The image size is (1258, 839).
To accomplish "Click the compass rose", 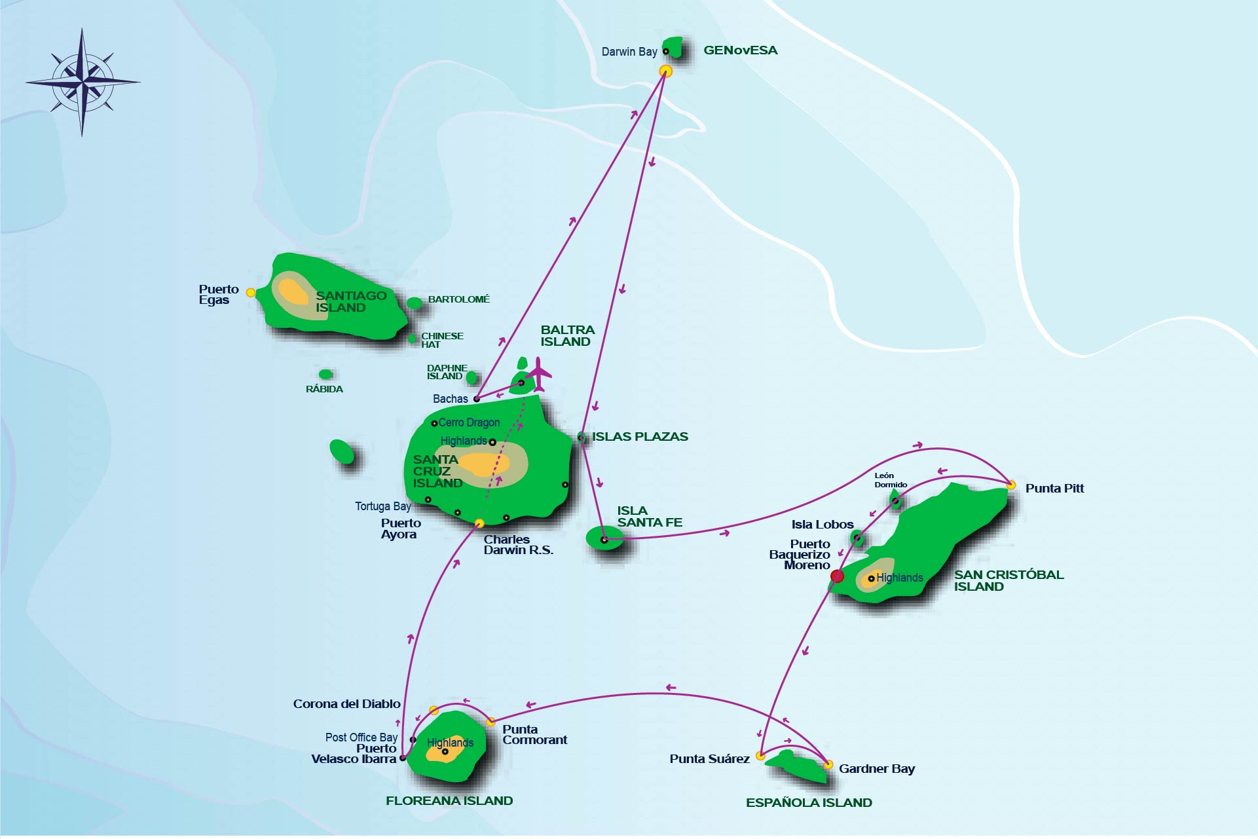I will pyautogui.click(x=83, y=83).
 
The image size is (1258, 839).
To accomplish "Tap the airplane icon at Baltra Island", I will pyautogui.click(x=539, y=374).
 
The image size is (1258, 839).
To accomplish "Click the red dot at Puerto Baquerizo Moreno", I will pyautogui.click(x=837, y=576).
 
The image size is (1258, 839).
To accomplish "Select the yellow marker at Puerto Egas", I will pyautogui.click(x=251, y=293).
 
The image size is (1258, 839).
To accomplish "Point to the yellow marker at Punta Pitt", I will pyautogui.click(x=1011, y=485).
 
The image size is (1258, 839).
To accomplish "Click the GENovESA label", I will pyautogui.click(x=740, y=50).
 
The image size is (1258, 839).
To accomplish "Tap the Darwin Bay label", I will pyautogui.click(x=629, y=52).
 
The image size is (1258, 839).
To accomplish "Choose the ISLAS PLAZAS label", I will pyautogui.click(x=640, y=437).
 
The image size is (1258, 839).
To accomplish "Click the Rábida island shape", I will pyautogui.click(x=325, y=375).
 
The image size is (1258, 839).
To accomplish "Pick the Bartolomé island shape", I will pyautogui.click(x=415, y=303).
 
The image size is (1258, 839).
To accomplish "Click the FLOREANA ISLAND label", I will pyautogui.click(x=449, y=801).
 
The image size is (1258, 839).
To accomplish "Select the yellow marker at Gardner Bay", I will pyautogui.click(x=828, y=764).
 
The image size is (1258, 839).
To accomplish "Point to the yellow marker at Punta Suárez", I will pyautogui.click(x=760, y=756).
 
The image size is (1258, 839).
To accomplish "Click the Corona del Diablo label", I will pyautogui.click(x=346, y=704).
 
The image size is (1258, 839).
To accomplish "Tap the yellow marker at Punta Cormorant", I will pyautogui.click(x=490, y=722).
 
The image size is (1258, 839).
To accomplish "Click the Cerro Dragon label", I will pyautogui.click(x=469, y=422).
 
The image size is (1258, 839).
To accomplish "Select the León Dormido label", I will pyautogui.click(x=890, y=480).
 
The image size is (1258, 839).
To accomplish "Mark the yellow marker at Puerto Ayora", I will pyautogui.click(x=479, y=523).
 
